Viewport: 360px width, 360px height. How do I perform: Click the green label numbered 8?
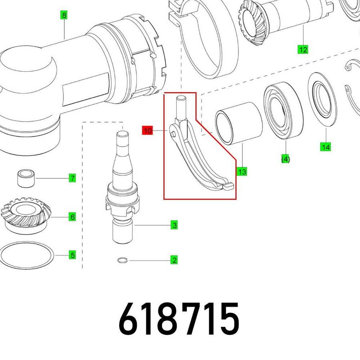click(x=64, y=15)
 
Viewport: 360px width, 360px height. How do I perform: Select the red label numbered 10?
click(x=147, y=131)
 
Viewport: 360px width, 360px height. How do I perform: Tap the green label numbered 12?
click(x=303, y=50)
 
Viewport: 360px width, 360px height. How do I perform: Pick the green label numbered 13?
click(x=242, y=171)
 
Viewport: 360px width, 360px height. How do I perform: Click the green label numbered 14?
click(x=326, y=147)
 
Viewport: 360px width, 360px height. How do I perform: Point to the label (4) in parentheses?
click(x=286, y=159)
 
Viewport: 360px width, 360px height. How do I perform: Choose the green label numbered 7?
click(x=72, y=178)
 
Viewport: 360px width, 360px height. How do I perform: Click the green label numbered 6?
click(x=72, y=217)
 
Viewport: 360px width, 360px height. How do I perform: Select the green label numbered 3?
click(x=174, y=225)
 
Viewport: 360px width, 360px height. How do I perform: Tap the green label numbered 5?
click(x=72, y=255)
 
